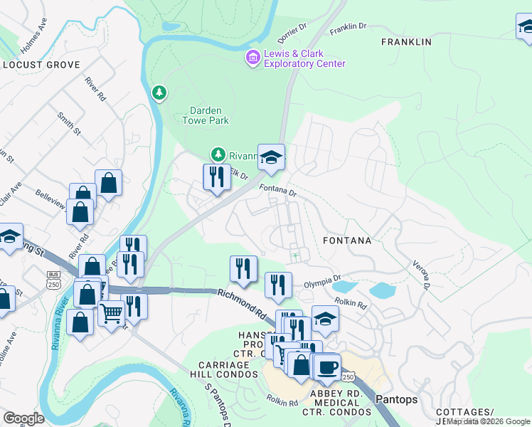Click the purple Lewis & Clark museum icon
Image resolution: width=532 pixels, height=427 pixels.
click(x=252, y=57)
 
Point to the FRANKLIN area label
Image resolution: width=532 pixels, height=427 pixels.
click(x=406, y=42)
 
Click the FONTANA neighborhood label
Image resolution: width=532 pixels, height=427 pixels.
click(x=347, y=241)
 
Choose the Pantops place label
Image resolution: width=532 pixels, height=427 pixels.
click(x=396, y=399)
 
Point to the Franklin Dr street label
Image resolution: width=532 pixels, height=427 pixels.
click(x=348, y=26)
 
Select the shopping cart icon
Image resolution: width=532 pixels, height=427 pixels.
click(x=110, y=312)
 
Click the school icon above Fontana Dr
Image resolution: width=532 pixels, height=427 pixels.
click(x=270, y=157)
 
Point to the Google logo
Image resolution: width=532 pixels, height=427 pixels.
click(x=23, y=418)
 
